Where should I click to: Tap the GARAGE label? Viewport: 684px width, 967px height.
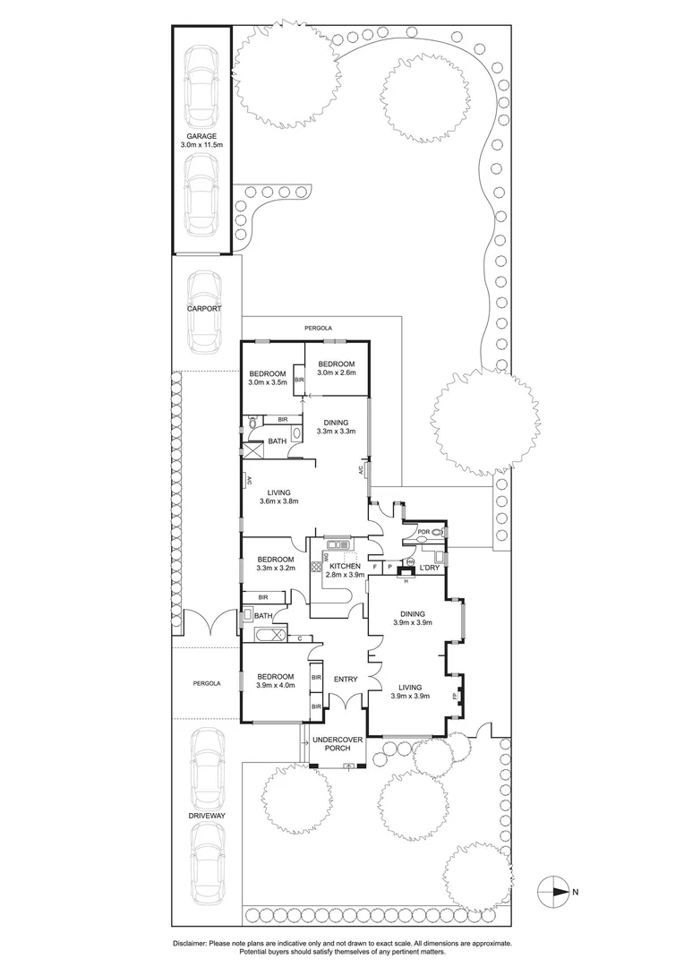(201, 136)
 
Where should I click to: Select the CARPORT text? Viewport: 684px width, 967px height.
(203, 308)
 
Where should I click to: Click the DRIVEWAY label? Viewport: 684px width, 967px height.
(208, 817)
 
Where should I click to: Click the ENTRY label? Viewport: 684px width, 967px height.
(346, 680)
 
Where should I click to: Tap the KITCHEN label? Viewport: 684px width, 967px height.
(345, 567)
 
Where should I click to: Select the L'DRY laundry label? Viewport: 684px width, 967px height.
(430, 568)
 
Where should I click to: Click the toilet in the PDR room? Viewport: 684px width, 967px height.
(435, 533)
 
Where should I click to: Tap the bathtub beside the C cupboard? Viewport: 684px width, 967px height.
(269, 637)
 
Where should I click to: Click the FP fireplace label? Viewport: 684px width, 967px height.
(455, 695)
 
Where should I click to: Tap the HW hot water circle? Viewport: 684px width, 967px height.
(410, 562)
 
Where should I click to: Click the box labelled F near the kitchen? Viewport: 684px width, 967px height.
(374, 567)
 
